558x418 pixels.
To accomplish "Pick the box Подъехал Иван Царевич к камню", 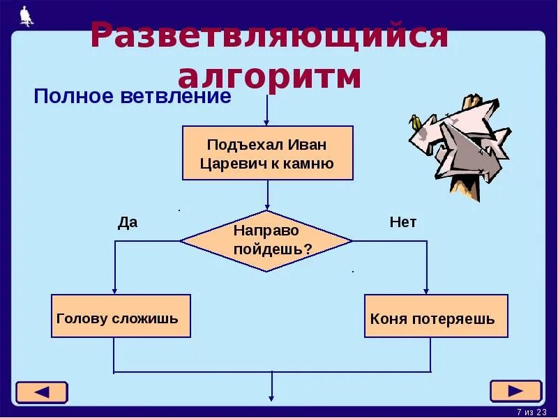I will [x=268, y=153].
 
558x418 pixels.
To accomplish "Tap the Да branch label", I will [x=128, y=222].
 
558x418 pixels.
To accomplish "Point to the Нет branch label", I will [x=402, y=222].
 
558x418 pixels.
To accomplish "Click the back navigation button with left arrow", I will [x=42, y=392].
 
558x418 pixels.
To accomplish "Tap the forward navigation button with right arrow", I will [x=515, y=391].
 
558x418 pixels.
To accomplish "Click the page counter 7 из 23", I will [x=531, y=412].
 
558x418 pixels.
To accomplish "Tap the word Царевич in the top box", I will [x=229, y=164].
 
